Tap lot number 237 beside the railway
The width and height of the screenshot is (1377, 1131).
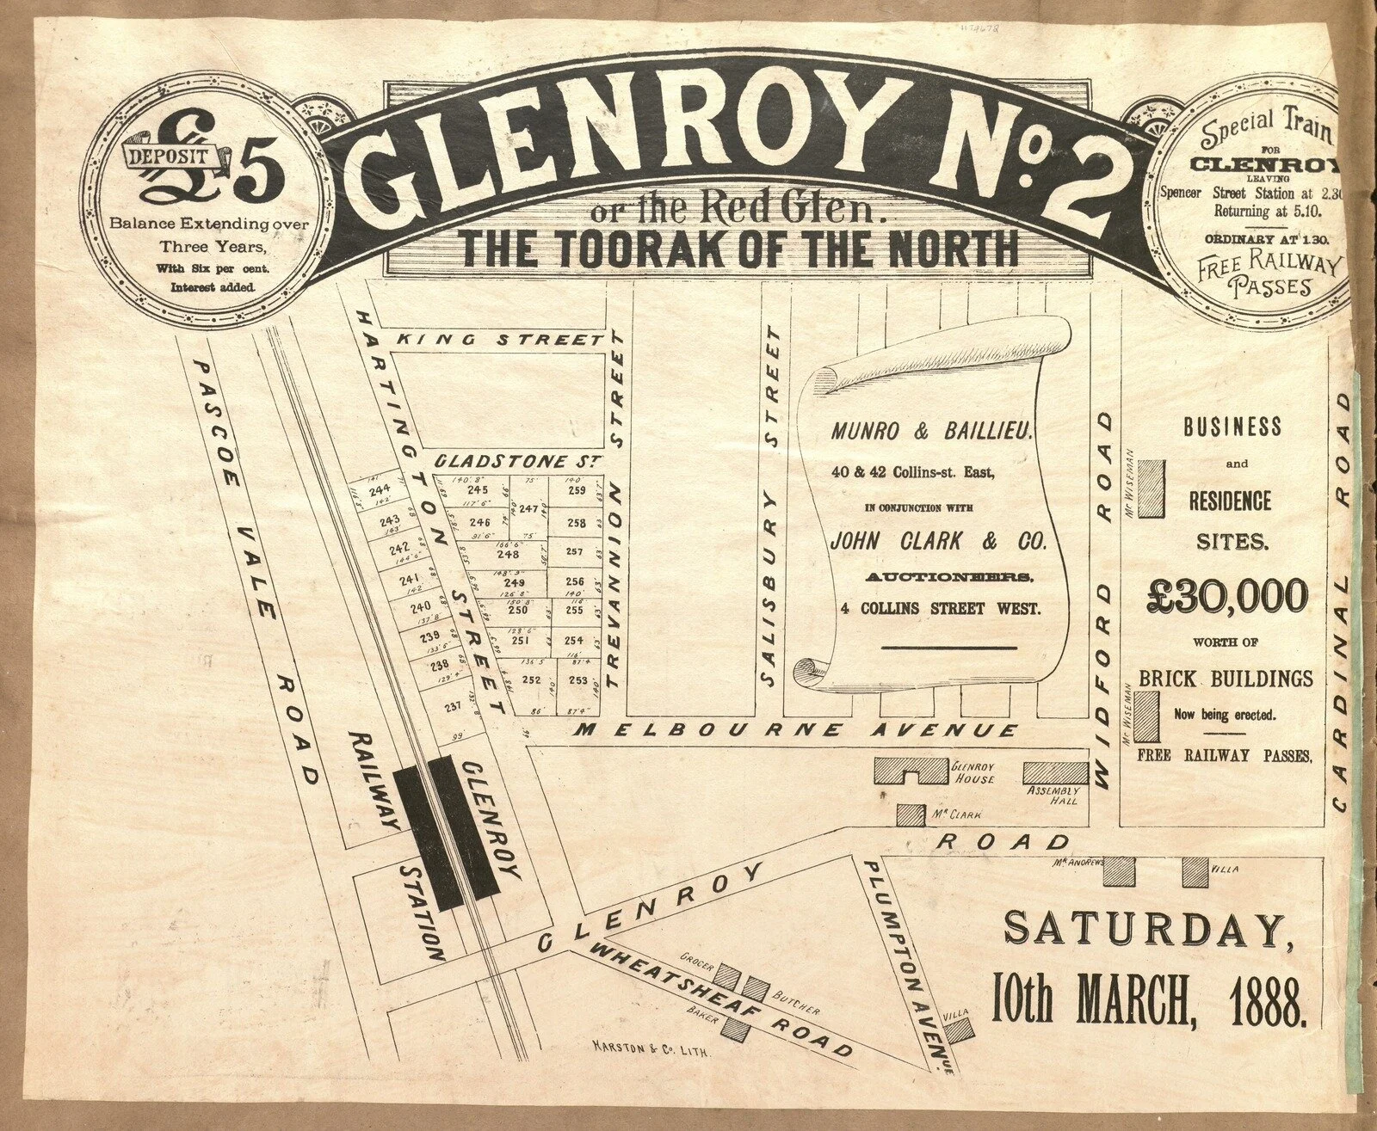pos(453,707)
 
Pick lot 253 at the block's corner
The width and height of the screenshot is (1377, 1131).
pos(577,680)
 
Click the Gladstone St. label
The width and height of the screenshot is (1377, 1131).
pos(516,461)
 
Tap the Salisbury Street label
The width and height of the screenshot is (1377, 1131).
pos(772,509)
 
